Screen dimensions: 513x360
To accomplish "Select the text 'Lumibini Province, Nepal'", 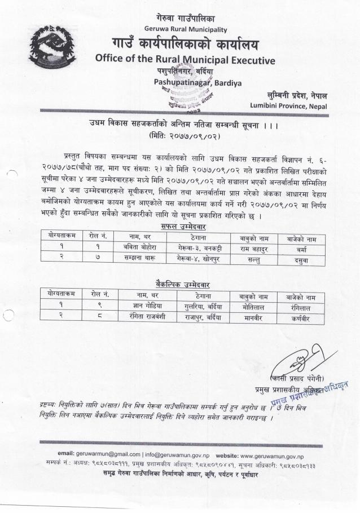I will point(288,105).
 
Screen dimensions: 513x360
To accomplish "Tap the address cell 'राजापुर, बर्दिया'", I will point(203,317).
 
